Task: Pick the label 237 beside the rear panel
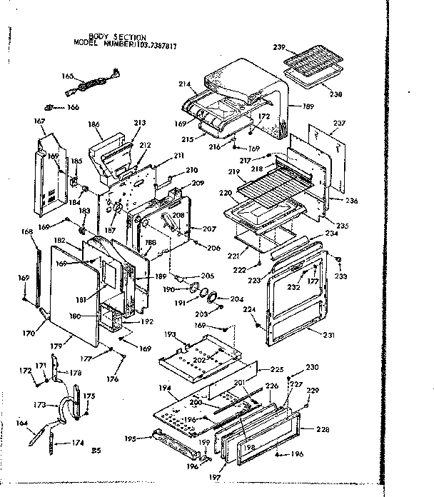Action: tap(338, 122)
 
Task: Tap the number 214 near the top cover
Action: tap(184, 84)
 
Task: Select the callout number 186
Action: tap(93, 124)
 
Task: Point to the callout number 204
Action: tap(236, 299)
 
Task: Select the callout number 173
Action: tap(42, 405)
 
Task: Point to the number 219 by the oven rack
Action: tap(233, 172)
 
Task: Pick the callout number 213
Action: tap(139, 124)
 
